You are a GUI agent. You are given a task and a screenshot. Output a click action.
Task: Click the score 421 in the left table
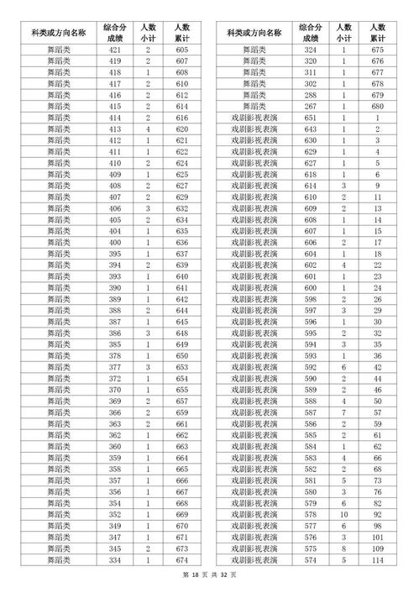[115, 50]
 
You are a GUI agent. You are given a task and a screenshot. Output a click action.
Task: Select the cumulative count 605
[182, 50]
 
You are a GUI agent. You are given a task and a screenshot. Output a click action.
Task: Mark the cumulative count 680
[377, 107]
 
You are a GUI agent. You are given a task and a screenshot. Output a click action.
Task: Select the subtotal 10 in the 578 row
[343, 513]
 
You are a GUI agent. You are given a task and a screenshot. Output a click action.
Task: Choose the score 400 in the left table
[115, 243]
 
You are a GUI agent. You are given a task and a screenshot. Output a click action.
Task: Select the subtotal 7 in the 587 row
[343, 412]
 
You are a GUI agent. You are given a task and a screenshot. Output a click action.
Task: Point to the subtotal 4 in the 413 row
[149, 130]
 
